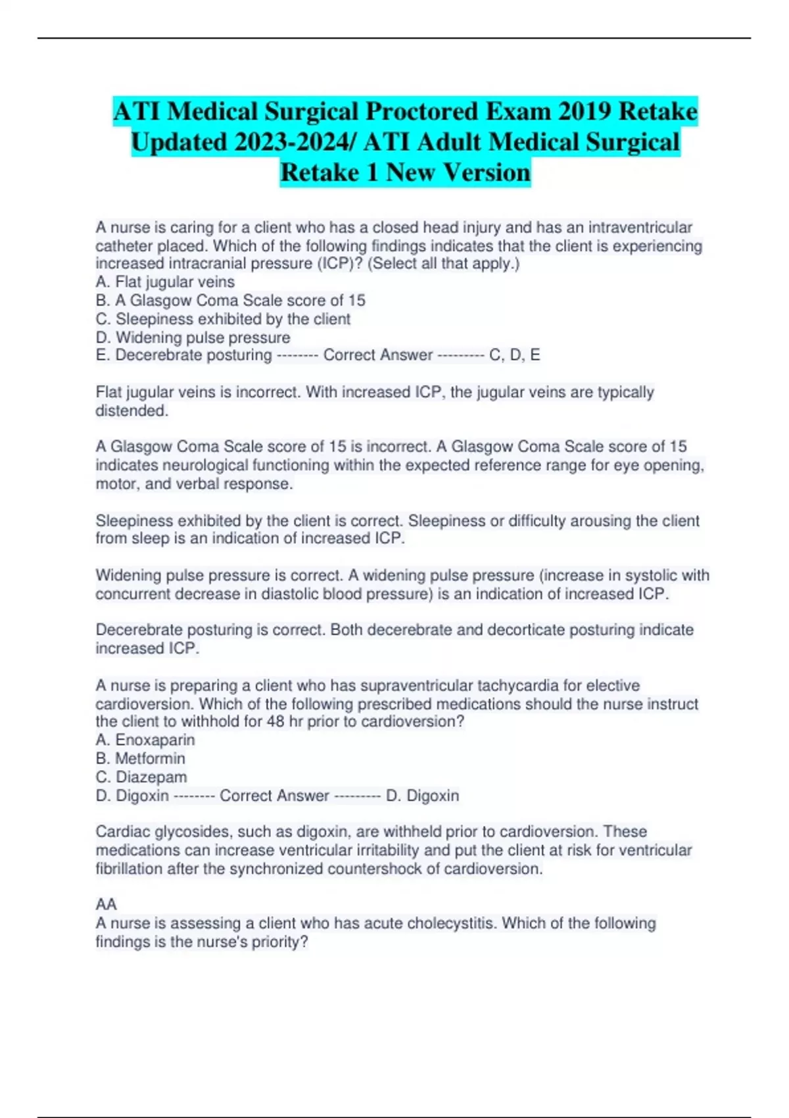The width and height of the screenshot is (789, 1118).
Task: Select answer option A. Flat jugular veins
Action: (165, 282)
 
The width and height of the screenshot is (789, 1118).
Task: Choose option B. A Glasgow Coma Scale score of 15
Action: (230, 301)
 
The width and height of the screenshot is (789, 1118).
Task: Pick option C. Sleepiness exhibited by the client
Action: (223, 319)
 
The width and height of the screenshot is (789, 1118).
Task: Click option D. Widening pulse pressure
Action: (193, 337)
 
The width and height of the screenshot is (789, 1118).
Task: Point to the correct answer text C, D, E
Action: (515, 355)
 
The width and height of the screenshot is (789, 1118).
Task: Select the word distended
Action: (131, 411)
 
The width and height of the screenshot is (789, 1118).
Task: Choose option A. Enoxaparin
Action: (145, 740)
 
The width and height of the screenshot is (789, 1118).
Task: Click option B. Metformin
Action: (140, 758)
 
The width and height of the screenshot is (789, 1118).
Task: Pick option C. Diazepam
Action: (141, 777)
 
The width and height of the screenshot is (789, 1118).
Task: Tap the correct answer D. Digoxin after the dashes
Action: (422, 796)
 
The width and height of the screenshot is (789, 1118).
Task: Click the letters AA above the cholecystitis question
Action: (106, 904)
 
